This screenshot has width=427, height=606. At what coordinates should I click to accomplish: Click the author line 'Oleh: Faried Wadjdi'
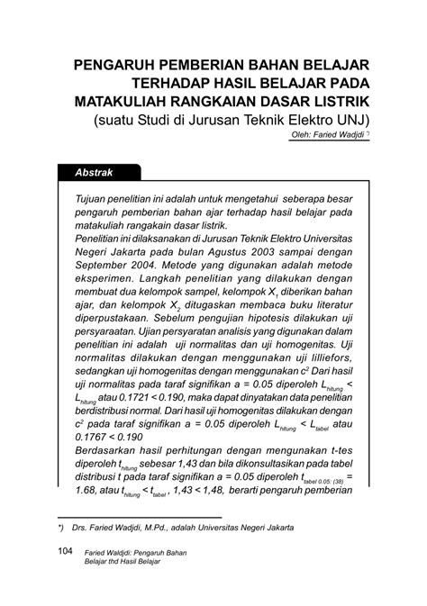click(328, 135)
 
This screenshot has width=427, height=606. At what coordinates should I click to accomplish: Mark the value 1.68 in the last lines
click(87, 517)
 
